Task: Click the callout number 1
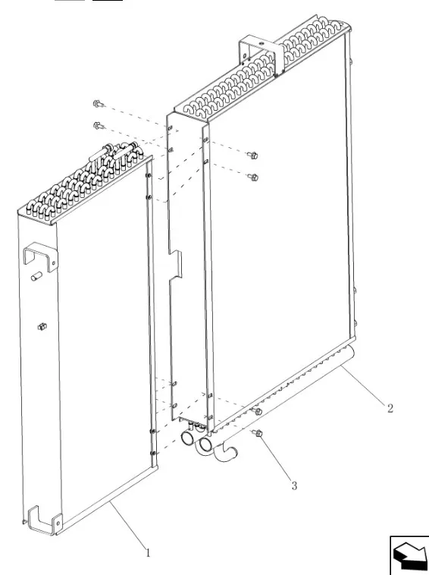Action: pyautogui.click(x=148, y=553)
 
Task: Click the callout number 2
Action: pyautogui.click(x=390, y=408)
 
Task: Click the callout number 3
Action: pyautogui.click(x=294, y=485)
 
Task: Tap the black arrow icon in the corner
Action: pyautogui.click(x=410, y=555)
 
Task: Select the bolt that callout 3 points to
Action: pyautogui.click(x=258, y=433)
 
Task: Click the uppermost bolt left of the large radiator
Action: pyautogui.click(x=99, y=104)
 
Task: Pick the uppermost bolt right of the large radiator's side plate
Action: pyautogui.click(x=253, y=155)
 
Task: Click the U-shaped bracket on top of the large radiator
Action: pyautogui.click(x=261, y=55)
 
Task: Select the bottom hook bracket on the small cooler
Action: pyautogui.click(x=45, y=520)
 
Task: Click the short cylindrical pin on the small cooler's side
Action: pyautogui.click(x=36, y=276)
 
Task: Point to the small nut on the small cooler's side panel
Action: pyautogui.click(x=42, y=326)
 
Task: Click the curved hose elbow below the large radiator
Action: pyautogui.click(x=224, y=452)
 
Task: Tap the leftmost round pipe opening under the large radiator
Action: pyautogui.click(x=188, y=438)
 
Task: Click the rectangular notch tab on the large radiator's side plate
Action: pyautogui.click(x=176, y=263)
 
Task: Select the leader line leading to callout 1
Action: pyautogui.click(x=127, y=526)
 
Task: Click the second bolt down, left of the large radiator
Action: pyautogui.click(x=99, y=126)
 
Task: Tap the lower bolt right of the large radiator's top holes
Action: pyautogui.click(x=253, y=177)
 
